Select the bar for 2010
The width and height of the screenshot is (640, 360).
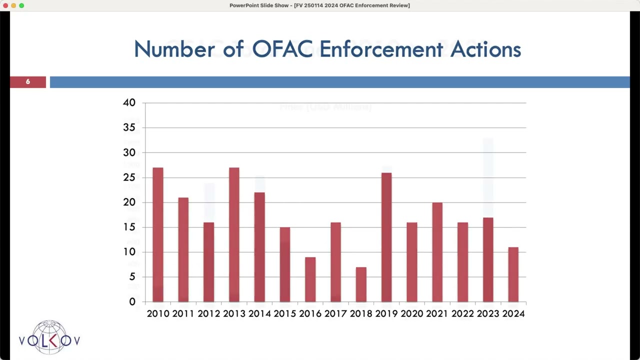[x=158, y=234]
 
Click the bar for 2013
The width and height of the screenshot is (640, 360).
[x=234, y=234]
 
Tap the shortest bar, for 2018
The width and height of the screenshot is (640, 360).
[x=361, y=284]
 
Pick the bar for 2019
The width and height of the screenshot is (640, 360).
[x=386, y=237]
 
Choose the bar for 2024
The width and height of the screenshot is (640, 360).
[x=513, y=274]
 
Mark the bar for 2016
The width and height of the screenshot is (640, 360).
[x=310, y=279]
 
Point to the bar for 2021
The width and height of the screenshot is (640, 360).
[x=437, y=252]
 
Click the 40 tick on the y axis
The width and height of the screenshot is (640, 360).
[x=129, y=102]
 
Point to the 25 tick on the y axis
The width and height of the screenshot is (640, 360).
[x=129, y=177]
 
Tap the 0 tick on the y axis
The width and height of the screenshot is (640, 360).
[x=132, y=301]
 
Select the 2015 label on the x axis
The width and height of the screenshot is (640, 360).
[x=285, y=313]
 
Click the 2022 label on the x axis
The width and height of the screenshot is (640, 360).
[x=462, y=313]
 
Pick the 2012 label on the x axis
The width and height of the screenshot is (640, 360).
[x=209, y=313]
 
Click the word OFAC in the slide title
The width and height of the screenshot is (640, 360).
[x=282, y=49]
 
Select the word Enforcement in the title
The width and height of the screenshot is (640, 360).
[x=381, y=49]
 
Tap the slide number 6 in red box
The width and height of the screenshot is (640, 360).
[x=28, y=81]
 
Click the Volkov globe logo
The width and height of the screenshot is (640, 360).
[x=49, y=337]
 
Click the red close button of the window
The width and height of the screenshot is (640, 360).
[x=5, y=5]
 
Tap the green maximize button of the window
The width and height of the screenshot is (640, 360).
[x=21, y=5]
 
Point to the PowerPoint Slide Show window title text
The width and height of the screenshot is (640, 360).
[x=319, y=5]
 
